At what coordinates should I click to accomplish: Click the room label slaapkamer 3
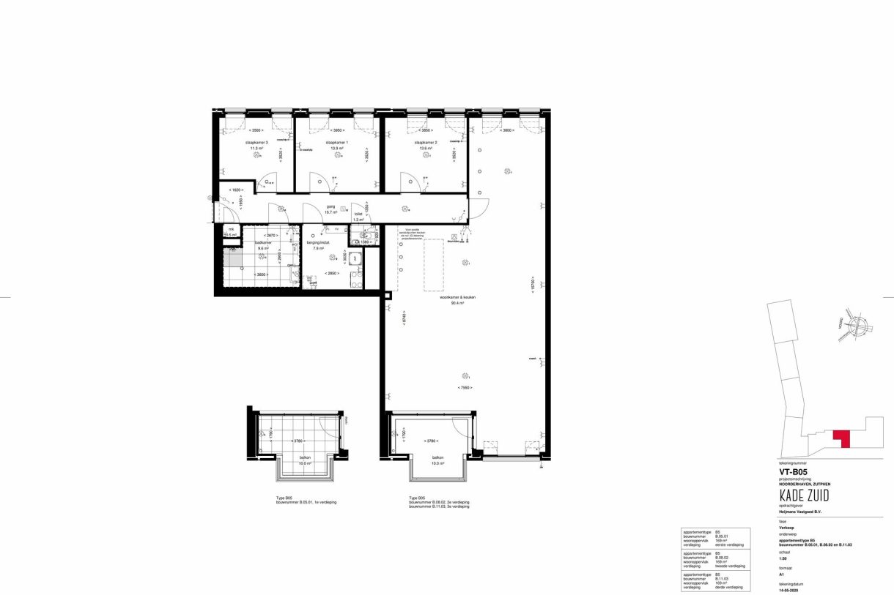[256, 143]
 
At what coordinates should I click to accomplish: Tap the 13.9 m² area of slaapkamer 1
[337, 149]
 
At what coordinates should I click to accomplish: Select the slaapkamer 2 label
[426, 143]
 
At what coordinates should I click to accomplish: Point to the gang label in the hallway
[331, 207]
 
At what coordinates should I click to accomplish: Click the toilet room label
[358, 214]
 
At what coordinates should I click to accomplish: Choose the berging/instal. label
[319, 242]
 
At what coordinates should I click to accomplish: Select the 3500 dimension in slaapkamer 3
[256, 130]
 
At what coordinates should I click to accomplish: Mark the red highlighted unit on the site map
[841, 438]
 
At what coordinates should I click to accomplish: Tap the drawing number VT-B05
[794, 473]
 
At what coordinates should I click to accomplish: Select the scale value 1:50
[784, 558]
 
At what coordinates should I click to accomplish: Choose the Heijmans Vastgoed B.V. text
[801, 512]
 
